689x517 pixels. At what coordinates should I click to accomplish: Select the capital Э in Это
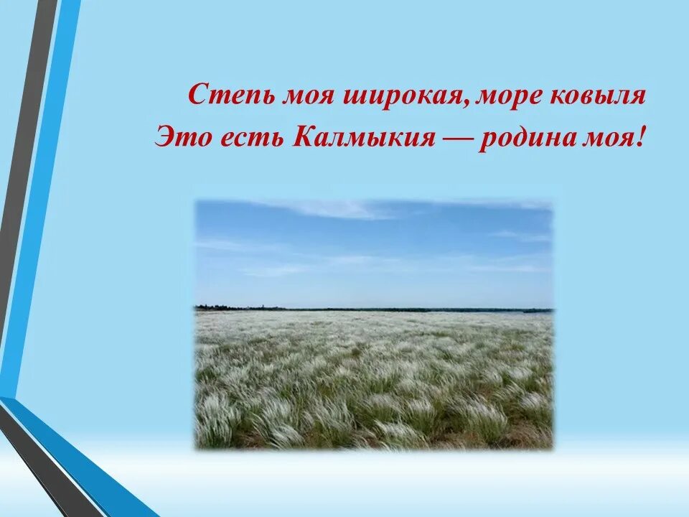coord(164,136)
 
